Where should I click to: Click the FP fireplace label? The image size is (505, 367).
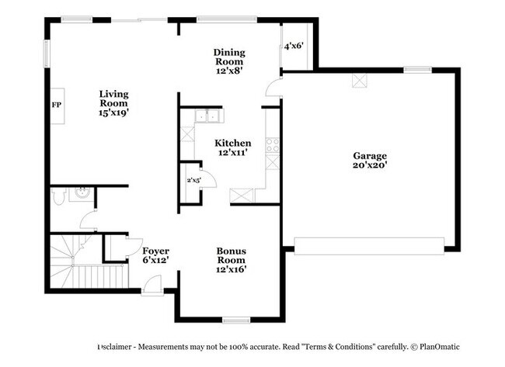click(57, 105)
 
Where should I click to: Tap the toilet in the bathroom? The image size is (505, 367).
click(58, 196)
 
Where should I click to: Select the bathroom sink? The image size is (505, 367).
click(82, 194)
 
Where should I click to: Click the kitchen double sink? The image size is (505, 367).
click(208, 116)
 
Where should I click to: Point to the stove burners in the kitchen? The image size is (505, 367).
click(273, 145)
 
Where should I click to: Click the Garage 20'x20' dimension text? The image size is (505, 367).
click(370, 165)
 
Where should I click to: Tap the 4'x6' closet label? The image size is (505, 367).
click(294, 46)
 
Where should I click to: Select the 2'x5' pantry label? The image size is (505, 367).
click(194, 180)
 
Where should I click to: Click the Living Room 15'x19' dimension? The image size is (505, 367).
click(113, 113)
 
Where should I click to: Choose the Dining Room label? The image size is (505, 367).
click(229, 57)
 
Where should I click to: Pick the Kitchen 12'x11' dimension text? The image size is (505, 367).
click(233, 152)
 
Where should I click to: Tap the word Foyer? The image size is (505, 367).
click(156, 251)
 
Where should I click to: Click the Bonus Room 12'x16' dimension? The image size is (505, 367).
click(232, 269)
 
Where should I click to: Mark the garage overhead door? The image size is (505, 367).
click(369, 246)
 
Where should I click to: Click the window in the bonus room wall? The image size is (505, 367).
click(236, 320)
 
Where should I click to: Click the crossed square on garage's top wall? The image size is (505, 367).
click(360, 81)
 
